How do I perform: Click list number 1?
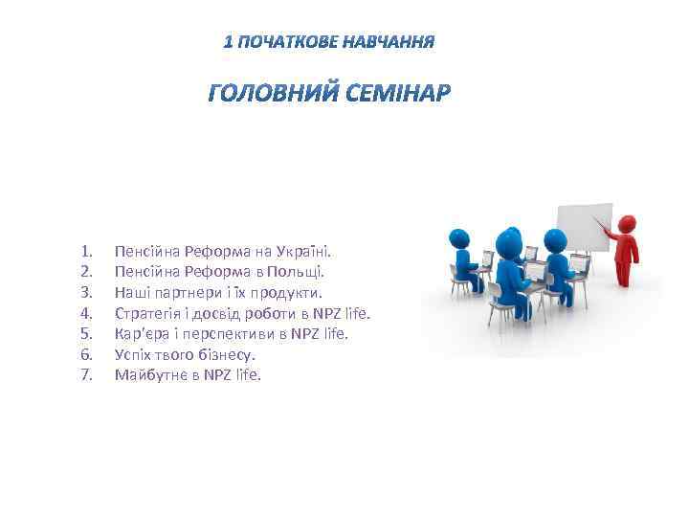pos(86,252)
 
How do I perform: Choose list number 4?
pos(86,313)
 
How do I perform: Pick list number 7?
pos(86,374)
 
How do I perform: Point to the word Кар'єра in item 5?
pos(141,333)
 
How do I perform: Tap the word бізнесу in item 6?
pos(227,354)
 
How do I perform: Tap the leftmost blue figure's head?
pos(461,237)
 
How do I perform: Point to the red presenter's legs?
pos(627,273)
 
